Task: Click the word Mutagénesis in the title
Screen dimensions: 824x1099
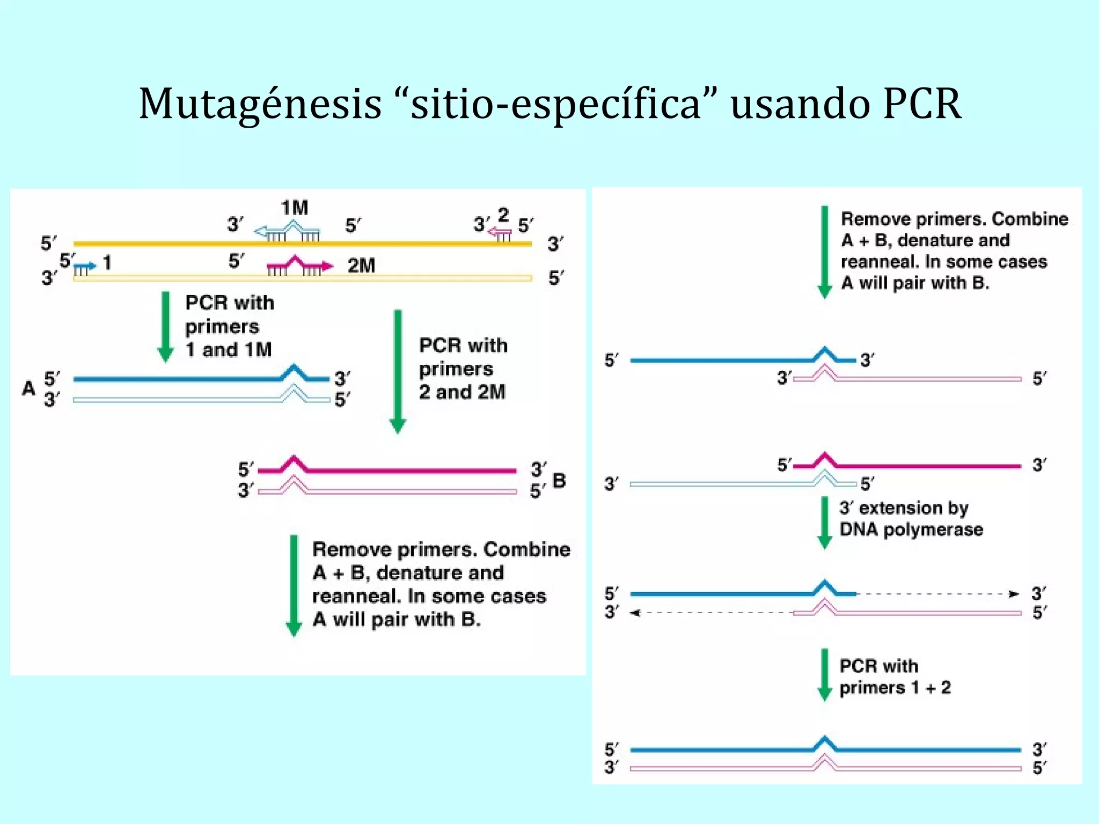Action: pos(260,104)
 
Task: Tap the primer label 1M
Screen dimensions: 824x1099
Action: pos(295,208)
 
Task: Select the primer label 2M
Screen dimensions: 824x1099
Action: pos(361,266)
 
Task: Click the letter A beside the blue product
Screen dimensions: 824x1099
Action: pos(28,388)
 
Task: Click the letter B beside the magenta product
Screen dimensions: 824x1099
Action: pos(559,481)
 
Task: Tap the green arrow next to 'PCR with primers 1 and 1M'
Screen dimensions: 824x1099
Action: pos(165,327)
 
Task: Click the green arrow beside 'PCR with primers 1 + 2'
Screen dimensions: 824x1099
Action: pos(825,675)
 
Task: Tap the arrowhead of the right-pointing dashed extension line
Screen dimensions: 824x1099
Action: pos(1014,594)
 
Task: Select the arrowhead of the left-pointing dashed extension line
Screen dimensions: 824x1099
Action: pos(635,613)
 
